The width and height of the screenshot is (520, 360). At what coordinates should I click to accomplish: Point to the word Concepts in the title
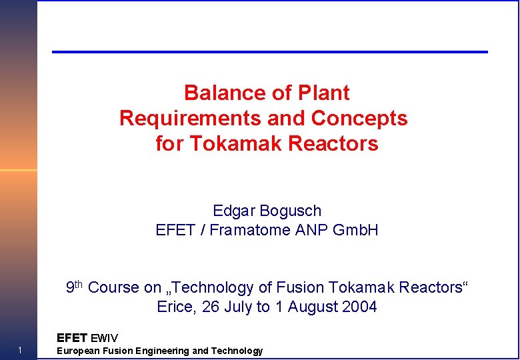[365, 118]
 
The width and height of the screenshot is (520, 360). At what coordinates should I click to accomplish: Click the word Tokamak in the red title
[261, 143]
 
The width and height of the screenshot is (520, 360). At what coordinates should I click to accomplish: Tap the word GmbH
[355, 230]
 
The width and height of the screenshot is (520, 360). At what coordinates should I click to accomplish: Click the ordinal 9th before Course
[74, 287]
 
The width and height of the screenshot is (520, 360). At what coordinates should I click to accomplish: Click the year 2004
[358, 307]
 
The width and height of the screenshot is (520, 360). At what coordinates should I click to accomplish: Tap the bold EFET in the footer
[72, 338]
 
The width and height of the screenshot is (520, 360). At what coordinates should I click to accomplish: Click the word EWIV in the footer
[104, 338]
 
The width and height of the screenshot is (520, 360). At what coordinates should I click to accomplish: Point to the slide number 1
[21, 351]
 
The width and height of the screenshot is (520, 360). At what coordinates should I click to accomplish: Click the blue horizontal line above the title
[270, 52]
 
